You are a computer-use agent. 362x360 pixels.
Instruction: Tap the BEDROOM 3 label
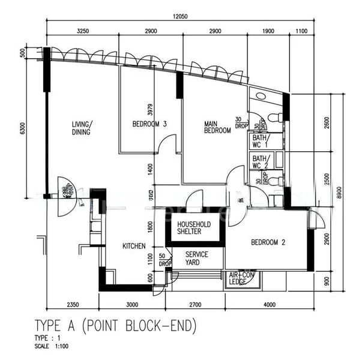[x=149, y=124]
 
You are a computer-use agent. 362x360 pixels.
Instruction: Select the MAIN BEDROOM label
[x=217, y=127]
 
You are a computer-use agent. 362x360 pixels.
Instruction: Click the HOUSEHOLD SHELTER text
[x=193, y=229]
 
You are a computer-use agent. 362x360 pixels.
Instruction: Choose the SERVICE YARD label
[x=196, y=259]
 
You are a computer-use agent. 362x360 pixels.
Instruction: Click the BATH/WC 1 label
[x=261, y=142]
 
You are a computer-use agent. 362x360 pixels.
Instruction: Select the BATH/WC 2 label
[x=261, y=161]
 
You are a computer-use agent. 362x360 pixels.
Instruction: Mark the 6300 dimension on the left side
[x=23, y=128]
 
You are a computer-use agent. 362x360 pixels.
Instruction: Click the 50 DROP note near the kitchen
[x=164, y=260]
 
